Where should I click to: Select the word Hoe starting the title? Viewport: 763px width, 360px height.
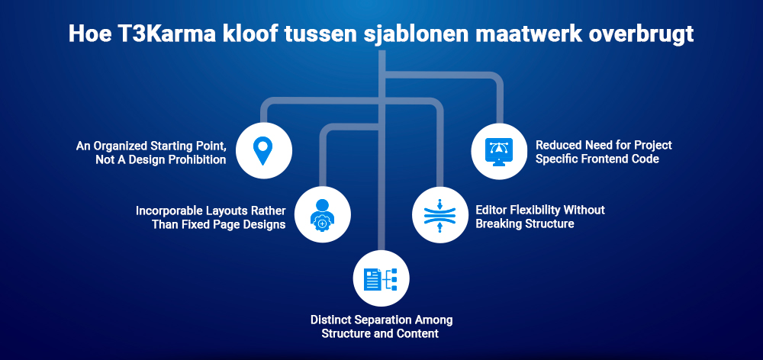click(x=85, y=36)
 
